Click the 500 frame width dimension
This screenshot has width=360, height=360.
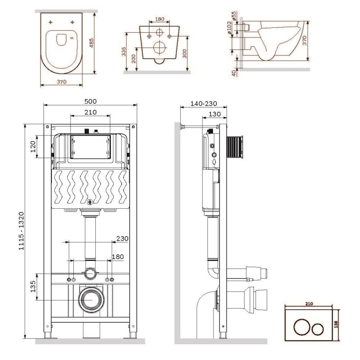[90, 101]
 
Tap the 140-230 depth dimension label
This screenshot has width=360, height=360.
[204, 104]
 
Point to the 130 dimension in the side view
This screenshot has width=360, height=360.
[215, 114]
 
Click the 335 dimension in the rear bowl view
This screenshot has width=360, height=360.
[124, 52]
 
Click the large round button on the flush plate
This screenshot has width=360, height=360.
[300, 328]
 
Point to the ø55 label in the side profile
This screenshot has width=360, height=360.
[234, 16]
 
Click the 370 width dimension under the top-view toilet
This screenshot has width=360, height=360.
[62, 82]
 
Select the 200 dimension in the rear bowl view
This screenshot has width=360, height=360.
[134, 59]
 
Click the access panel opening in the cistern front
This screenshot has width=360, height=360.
[90, 147]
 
